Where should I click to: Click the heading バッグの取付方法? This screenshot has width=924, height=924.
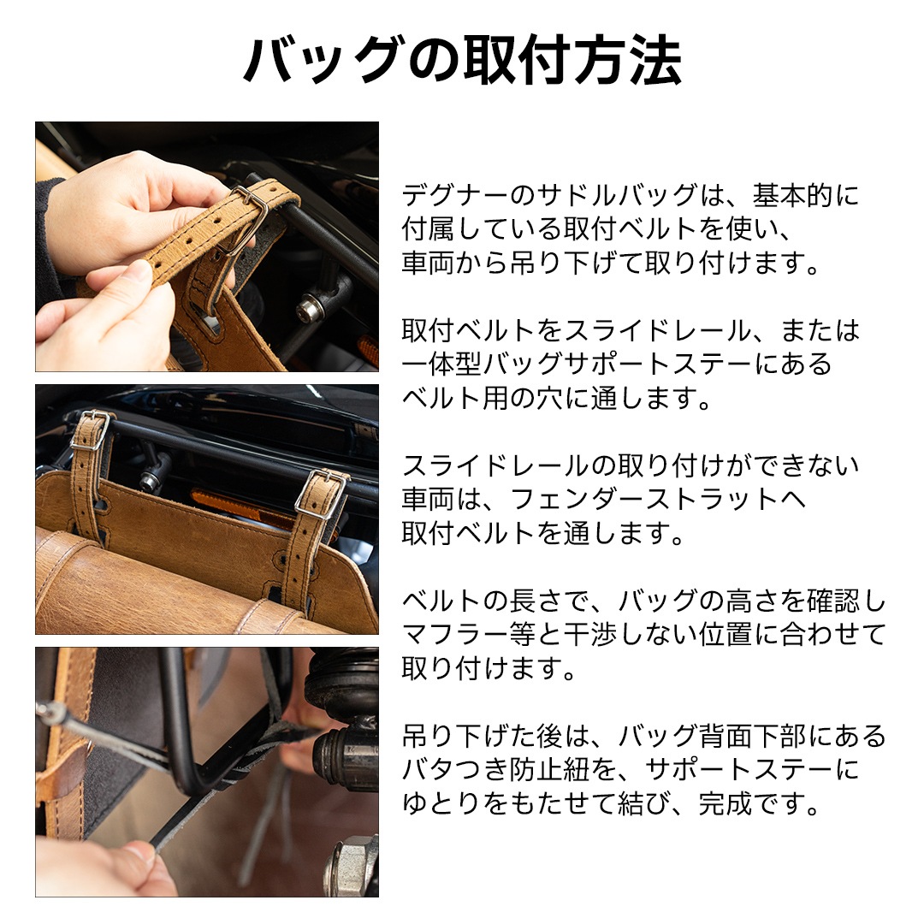pyautogui.click(x=462, y=61)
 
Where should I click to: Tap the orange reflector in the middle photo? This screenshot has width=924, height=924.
pyautogui.click(x=231, y=508)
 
